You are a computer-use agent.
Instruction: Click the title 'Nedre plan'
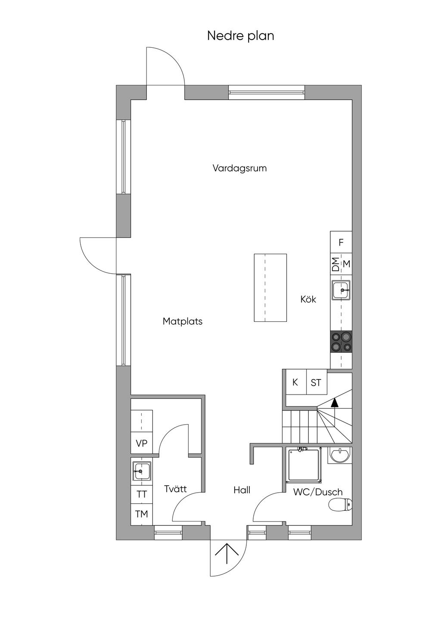[241, 36]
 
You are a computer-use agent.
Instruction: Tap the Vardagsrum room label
[240, 168]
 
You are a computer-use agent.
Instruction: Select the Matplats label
[182, 321]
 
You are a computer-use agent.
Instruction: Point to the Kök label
[308, 299]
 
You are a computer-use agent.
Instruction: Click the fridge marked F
[341, 242]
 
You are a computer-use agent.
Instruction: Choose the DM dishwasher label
[336, 264]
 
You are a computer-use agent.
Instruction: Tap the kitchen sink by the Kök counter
[342, 290]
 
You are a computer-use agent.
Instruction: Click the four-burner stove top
[341, 342]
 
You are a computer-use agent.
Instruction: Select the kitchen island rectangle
[270, 287]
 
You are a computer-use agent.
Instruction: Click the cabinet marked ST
[317, 382]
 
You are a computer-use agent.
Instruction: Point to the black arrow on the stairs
[335, 403]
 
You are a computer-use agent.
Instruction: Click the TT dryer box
[142, 494]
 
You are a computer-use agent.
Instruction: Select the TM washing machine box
[142, 514]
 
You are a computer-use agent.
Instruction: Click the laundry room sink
[142, 471]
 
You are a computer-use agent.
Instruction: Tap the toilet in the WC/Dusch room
[340, 505]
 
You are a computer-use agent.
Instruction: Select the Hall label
[242, 490]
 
